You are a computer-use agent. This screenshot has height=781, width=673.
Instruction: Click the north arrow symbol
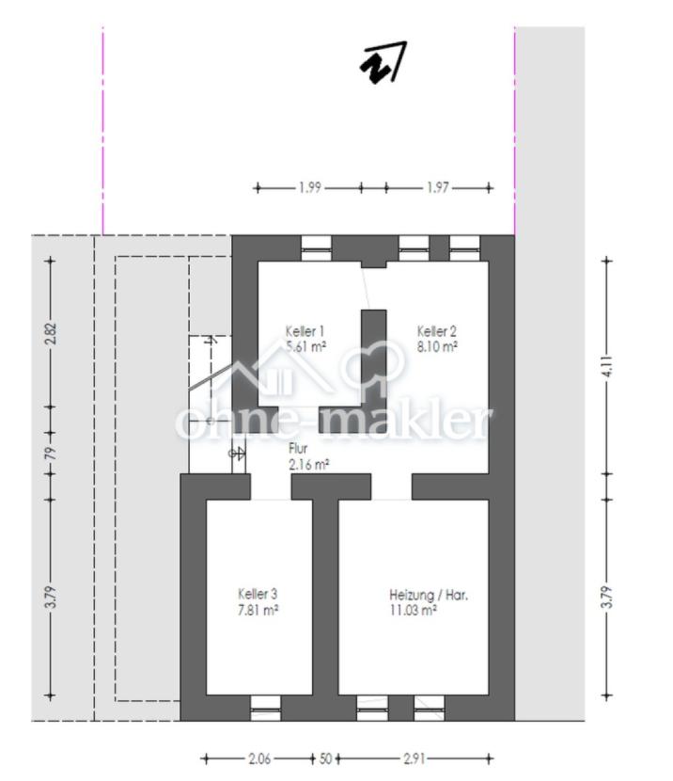coord(383,62)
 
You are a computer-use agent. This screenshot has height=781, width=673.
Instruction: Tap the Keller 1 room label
coord(305,331)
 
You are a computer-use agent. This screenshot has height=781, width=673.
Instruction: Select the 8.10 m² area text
coord(437,346)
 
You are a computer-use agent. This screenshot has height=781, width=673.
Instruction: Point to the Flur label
coord(298,449)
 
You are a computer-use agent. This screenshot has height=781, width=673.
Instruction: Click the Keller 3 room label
coord(258,594)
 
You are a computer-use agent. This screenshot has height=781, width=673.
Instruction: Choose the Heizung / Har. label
coord(429,595)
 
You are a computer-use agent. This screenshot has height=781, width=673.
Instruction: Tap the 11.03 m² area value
coord(414,610)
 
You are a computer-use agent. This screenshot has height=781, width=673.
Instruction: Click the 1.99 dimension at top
coord(310,188)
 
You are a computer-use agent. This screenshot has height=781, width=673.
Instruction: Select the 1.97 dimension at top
coord(438,188)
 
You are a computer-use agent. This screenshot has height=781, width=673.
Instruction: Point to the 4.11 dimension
coord(607,366)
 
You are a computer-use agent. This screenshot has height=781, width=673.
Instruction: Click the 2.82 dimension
coord(51,334)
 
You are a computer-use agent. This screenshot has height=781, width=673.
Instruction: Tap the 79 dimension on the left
coord(51,453)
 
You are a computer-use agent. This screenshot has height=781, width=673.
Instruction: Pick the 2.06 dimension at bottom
coord(259,758)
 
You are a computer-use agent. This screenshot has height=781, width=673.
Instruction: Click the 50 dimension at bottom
coord(325,758)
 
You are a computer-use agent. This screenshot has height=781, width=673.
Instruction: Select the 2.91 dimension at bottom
coord(414,758)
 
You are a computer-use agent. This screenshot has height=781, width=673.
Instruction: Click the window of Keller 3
coord(265,708)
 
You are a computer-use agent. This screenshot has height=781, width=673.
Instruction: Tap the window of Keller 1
coord(317,248)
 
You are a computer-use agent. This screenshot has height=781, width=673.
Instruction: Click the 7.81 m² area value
coord(258,610)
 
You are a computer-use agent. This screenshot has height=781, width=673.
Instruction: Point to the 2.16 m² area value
coord(308,464)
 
